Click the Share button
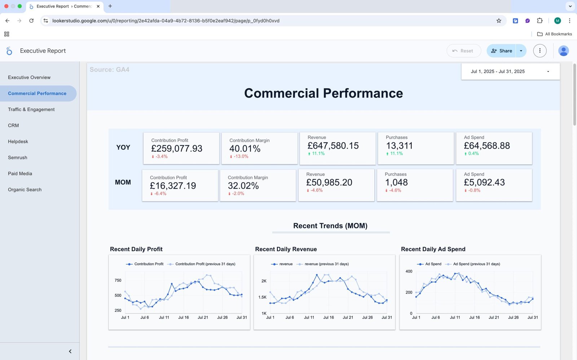(x=502, y=51)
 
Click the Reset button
(x=463, y=51)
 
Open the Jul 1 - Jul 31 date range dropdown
(x=510, y=71)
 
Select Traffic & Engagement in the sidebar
(x=31, y=109)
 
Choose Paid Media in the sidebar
(x=20, y=174)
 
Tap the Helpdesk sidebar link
(x=18, y=141)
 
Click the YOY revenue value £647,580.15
(x=333, y=146)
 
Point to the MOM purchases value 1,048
(x=396, y=183)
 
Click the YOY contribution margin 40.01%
(x=245, y=149)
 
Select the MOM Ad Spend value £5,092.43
(x=484, y=183)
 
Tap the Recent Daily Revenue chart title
(x=286, y=249)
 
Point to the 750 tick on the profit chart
(x=118, y=280)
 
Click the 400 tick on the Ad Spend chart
(x=409, y=271)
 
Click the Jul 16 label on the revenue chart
(x=328, y=317)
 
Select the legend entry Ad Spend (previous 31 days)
(x=476, y=264)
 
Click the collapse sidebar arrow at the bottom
(x=70, y=351)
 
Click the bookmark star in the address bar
(x=499, y=21)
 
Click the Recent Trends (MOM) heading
(x=330, y=226)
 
